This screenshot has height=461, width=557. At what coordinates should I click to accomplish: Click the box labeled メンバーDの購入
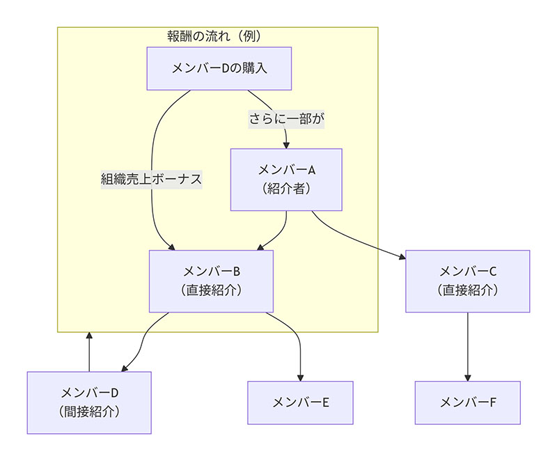pyautogui.click(x=219, y=68)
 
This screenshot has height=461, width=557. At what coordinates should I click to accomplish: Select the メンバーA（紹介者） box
pyautogui.click(x=287, y=179)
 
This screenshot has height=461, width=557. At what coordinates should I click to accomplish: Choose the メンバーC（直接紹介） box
pyautogui.click(x=467, y=281)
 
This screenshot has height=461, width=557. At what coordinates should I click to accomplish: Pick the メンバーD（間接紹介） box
pyautogui.click(x=89, y=402)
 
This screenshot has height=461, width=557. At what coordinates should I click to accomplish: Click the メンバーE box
pyautogui.click(x=301, y=402)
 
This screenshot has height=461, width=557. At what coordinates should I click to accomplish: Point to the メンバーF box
pyautogui.click(x=467, y=402)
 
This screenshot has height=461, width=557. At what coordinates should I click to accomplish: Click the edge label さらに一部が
pyautogui.click(x=287, y=119)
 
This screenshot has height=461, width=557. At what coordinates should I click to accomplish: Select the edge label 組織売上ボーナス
pyautogui.click(x=151, y=179)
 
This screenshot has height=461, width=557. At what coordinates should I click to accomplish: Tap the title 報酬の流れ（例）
pyautogui.click(x=218, y=36)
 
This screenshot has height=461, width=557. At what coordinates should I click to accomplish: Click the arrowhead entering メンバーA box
pyautogui.click(x=287, y=144)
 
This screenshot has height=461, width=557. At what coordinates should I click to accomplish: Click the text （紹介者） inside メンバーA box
pyautogui.click(x=287, y=188)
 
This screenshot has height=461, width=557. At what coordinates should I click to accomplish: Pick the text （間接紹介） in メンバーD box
pyautogui.click(x=89, y=411)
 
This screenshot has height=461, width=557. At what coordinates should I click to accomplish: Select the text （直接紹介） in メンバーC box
pyautogui.click(x=467, y=290)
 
